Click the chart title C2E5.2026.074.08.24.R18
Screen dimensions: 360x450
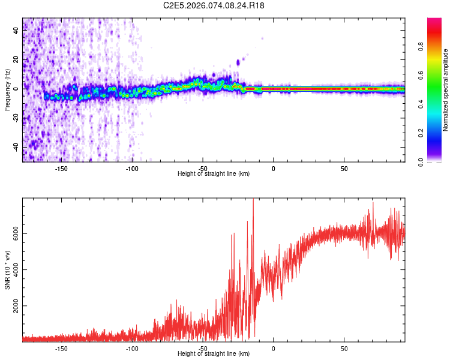coord(214,5)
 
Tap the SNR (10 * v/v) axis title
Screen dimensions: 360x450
coord(7,270)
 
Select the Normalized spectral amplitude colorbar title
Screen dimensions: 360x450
coord(446,90)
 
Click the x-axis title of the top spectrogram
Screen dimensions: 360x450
coord(214,173)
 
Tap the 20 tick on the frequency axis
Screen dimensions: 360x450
coord(16,59)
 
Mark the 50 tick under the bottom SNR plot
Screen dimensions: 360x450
coord(344,347)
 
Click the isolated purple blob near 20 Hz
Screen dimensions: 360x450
coord(238,62)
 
